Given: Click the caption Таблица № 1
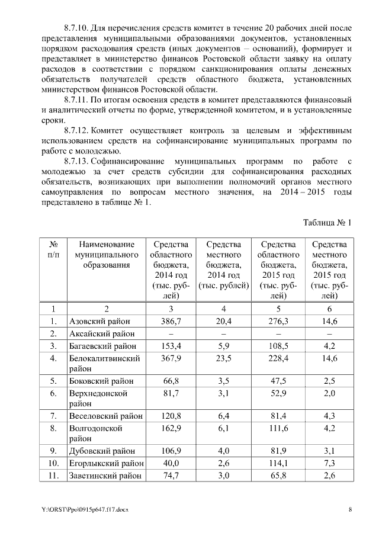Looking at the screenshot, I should tap(327, 223).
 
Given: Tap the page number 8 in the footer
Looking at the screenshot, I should tap(350, 510).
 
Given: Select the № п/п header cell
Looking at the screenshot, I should tap(53, 249).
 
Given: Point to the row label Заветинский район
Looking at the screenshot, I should tap(105, 475).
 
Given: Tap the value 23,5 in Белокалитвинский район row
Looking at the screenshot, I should tap(224, 358).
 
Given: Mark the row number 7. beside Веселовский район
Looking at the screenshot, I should tap(53, 415).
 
